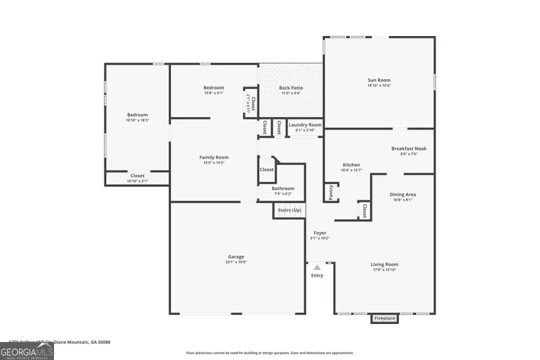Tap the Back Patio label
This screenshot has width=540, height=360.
pyautogui.click(x=291, y=88)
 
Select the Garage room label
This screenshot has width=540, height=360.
pyautogui.click(x=236, y=257)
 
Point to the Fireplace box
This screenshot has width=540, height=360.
pyautogui.click(x=384, y=319)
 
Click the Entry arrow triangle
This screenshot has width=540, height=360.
pyautogui.click(x=317, y=268)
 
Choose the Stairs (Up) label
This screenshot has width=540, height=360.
pyautogui.click(x=290, y=211)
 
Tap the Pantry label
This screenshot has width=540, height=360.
pyautogui.click(x=331, y=192)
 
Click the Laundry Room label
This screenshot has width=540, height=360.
pyautogui.click(x=305, y=125)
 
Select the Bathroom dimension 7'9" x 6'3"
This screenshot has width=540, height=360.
pyautogui.click(x=283, y=194)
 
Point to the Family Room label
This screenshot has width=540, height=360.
pyautogui.click(x=214, y=157)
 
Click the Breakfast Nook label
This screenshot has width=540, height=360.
pyautogui.click(x=409, y=148)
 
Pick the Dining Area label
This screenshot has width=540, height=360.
pyautogui.click(x=403, y=194)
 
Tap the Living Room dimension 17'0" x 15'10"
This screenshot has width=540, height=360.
pyautogui.click(x=384, y=270)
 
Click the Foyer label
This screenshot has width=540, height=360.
pyautogui.click(x=320, y=233)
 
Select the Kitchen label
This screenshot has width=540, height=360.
pyautogui.click(x=351, y=165)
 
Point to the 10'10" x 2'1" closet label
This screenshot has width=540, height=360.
pyautogui.click(x=137, y=181)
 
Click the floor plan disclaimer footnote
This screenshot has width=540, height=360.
pyautogui.click(x=270, y=353)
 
